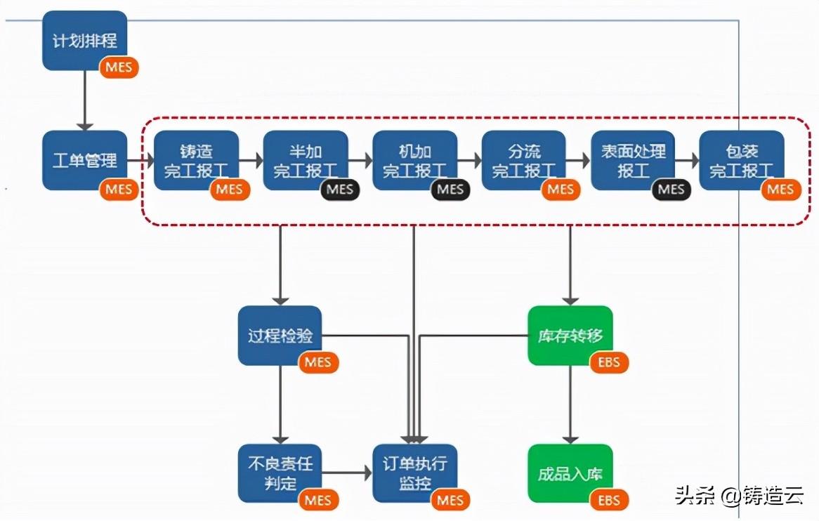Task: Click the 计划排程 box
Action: click(84, 41)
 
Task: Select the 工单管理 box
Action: click(84, 160)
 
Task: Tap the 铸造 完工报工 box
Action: click(197, 160)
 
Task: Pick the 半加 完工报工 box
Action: click(306, 160)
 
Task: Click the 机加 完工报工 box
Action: click(415, 160)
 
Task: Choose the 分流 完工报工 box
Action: click(524, 160)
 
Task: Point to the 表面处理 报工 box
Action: click(633, 160)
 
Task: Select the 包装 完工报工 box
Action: click(742, 160)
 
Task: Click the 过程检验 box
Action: click(280, 335)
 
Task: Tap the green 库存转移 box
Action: click(570, 335)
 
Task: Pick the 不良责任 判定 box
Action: click(280, 473)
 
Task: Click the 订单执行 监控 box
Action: click(415, 473)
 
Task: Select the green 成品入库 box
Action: click(570, 473)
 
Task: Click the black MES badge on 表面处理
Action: click(671, 189)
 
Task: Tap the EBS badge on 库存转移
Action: click(609, 362)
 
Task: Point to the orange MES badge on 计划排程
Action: click(119, 67)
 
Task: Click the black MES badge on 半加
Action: click(340, 189)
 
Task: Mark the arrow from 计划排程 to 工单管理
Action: click(84, 100)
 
